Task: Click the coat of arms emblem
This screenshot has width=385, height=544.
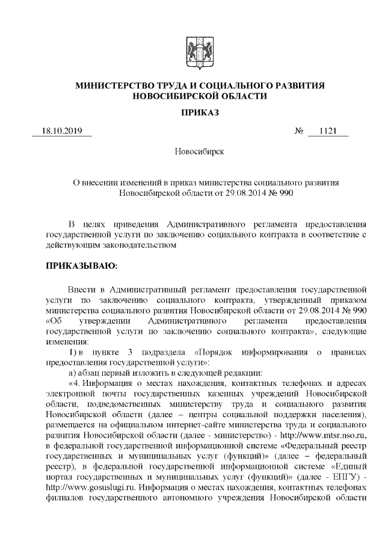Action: (192, 52)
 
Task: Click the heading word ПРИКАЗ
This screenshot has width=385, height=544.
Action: (192, 112)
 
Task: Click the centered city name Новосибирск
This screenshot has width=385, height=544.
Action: (192, 151)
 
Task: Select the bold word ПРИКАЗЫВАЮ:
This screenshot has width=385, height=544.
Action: (81, 264)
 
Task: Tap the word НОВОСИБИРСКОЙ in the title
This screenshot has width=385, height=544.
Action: (169, 96)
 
